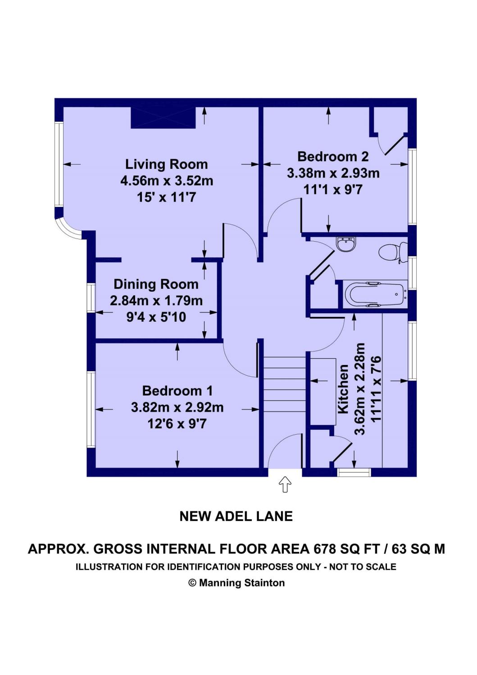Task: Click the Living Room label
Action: pos(167,165)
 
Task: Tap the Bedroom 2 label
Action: pos(333,157)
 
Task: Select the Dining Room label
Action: pos(156,284)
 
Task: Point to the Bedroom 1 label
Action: pos(177,391)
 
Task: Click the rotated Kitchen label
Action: pos(343,389)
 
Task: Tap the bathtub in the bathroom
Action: pos(375,294)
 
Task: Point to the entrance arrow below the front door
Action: pos(285,484)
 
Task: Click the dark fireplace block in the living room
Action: pos(163,118)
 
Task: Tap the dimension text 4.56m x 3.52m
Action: pos(167,181)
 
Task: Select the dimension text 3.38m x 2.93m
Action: pos(333,174)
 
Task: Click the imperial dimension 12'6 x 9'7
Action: pos(177,424)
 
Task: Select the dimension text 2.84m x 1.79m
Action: pos(156,301)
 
